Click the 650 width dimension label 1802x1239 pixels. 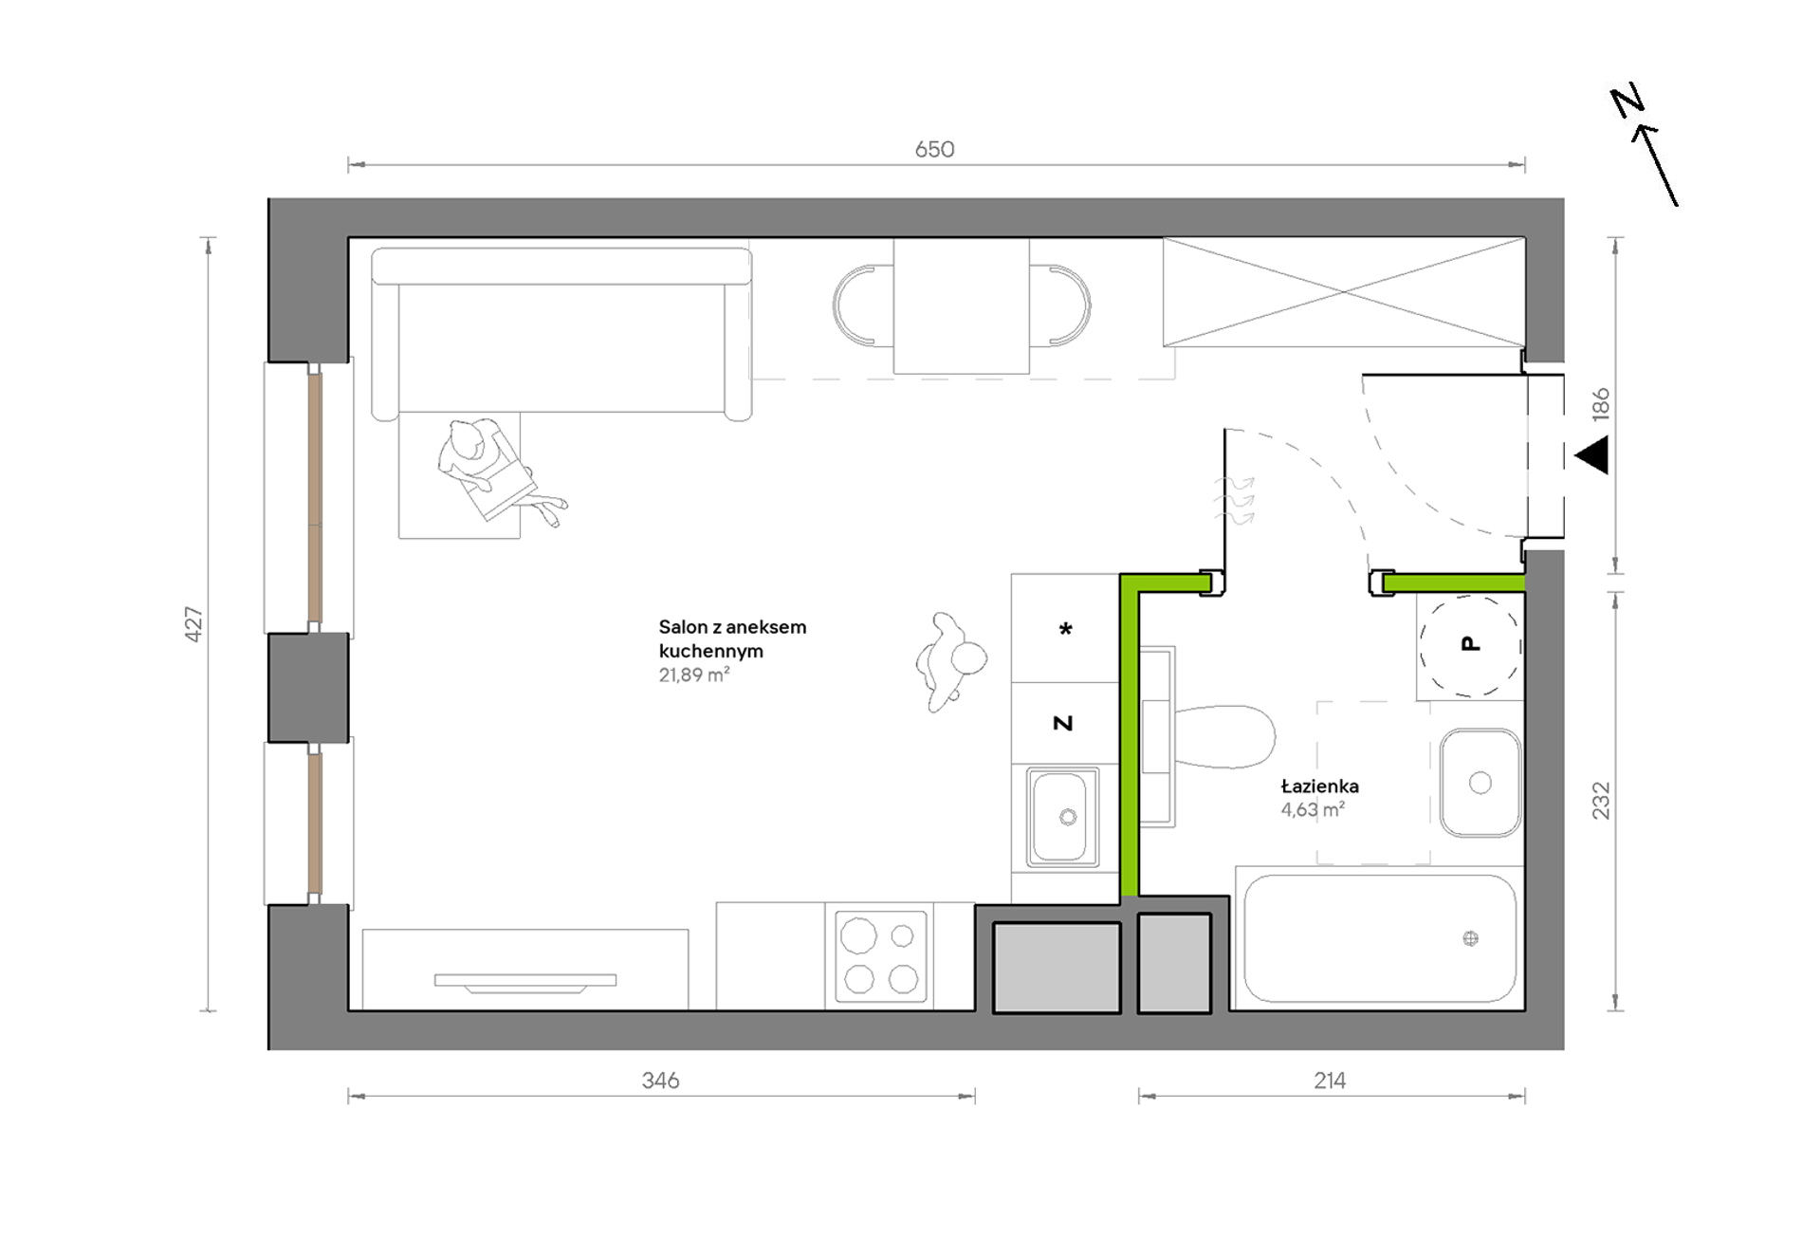(934, 149)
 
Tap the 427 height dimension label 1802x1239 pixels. (193, 624)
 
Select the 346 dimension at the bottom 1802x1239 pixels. (660, 1081)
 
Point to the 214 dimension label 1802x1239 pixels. (1330, 1081)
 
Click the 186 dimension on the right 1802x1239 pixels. (1601, 404)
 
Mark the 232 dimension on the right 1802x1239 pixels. (1601, 801)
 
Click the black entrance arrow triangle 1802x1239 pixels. (1592, 455)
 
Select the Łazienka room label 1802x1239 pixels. (1319, 786)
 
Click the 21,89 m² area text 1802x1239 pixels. (694, 675)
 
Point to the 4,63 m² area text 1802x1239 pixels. (1313, 809)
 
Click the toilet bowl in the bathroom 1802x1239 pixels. (1223, 737)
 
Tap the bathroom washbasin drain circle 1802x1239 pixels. (1480, 783)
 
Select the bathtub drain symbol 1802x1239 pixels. (1471, 938)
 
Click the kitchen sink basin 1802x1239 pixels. (1059, 816)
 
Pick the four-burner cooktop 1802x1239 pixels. (880, 957)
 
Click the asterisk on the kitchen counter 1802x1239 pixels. (1066, 628)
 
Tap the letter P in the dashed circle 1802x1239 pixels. (1471, 644)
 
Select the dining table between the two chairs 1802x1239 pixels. (962, 306)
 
